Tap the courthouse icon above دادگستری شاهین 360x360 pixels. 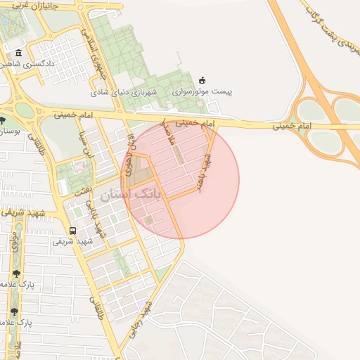coord(18,53)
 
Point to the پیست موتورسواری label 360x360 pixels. coord(202,91)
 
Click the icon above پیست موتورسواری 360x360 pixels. coord(202,79)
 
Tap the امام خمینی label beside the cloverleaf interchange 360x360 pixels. coord(292,126)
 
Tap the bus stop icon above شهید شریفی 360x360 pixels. coord(72,231)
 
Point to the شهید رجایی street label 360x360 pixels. coord(139,320)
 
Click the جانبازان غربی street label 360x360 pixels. coord(28,5)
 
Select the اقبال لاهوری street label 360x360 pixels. coord(131,150)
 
